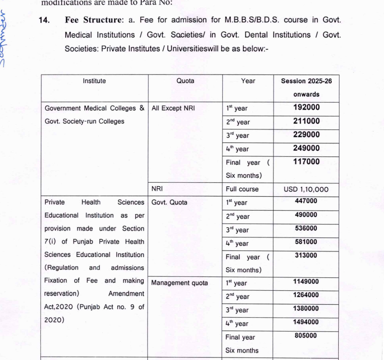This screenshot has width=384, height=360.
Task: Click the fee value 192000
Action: (x=306, y=107)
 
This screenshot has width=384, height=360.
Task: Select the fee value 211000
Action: (x=306, y=121)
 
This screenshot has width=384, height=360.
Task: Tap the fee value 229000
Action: (x=306, y=135)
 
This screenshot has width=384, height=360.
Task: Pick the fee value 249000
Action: (x=306, y=148)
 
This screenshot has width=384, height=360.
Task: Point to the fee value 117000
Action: (x=306, y=162)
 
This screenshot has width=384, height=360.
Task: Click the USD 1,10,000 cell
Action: (x=306, y=190)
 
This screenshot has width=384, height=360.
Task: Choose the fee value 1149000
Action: (x=306, y=281)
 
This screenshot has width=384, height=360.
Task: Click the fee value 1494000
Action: (x=306, y=322)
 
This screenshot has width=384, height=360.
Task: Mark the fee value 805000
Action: (x=306, y=336)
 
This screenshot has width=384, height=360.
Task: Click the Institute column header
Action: (x=95, y=81)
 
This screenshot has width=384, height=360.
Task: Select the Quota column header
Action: (x=186, y=81)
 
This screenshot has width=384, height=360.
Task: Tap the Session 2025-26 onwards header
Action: (x=306, y=87)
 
